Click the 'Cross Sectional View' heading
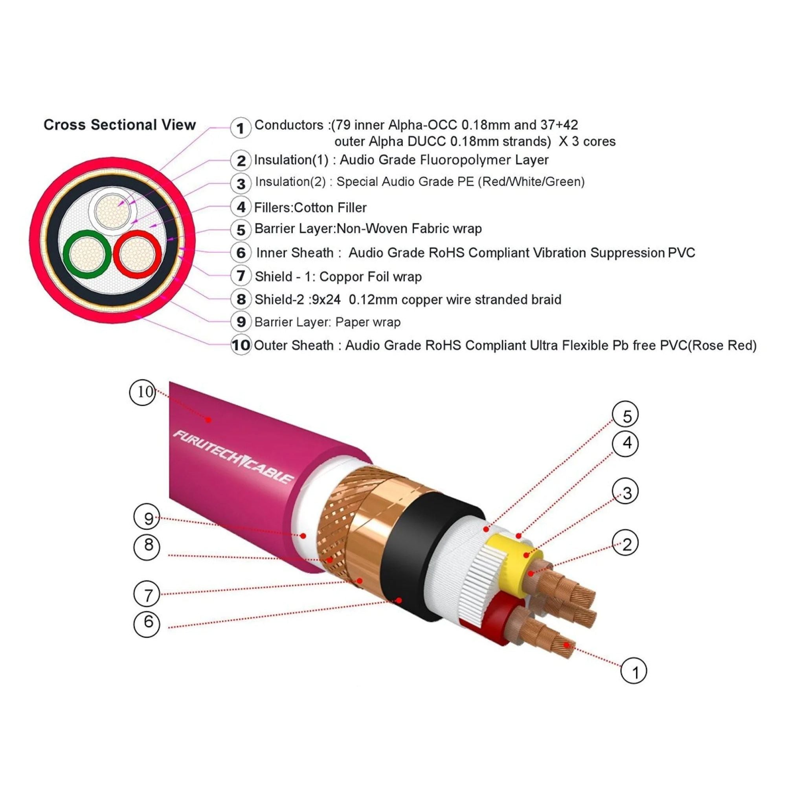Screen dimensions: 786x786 (x=119, y=125)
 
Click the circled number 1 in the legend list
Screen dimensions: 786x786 (x=241, y=128)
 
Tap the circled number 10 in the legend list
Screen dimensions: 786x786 (x=241, y=345)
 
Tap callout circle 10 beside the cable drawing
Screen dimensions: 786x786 (x=143, y=392)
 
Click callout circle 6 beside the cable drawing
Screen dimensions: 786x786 (x=148, y=622)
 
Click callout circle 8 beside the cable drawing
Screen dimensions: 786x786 (x=148, y=545)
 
